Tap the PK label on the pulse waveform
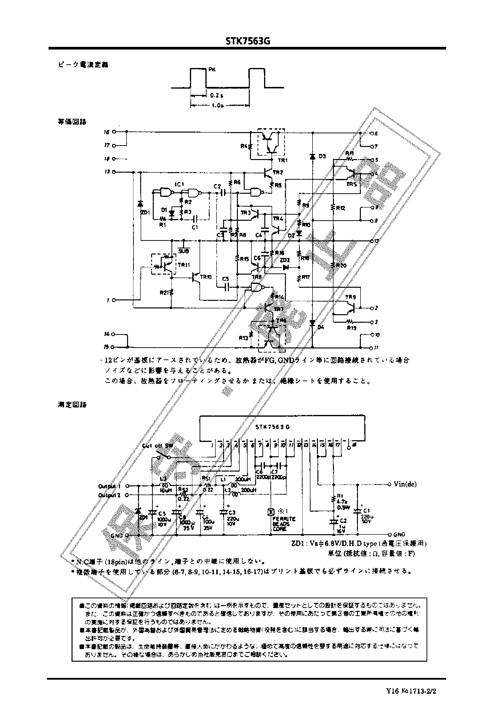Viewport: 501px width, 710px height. (212, 70)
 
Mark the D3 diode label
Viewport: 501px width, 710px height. (322, 156)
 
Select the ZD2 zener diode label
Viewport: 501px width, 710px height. (284, 260)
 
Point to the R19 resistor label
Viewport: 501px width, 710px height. (352, 328)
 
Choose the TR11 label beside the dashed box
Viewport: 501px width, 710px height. (184, 265)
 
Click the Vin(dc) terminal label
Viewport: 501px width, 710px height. (405, 484)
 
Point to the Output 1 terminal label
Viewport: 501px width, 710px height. (109, 486)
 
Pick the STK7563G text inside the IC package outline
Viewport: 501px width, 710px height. (272, 427)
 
